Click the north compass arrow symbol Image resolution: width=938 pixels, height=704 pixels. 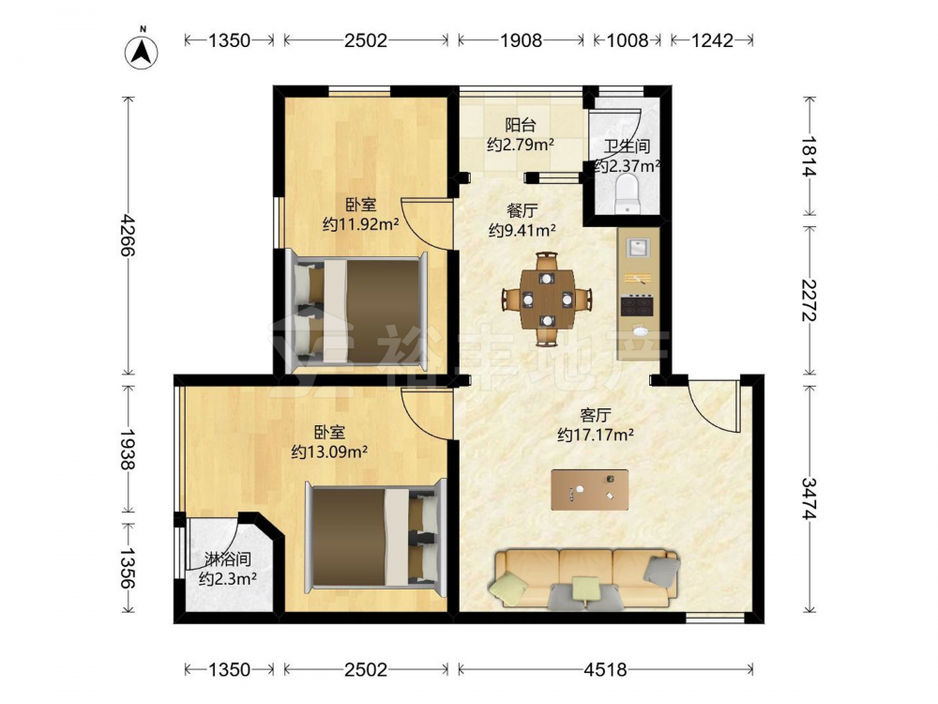[142, 52]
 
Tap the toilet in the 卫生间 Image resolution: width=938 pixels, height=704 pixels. [627, 192]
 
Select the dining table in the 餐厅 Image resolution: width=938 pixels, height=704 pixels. [547, 298]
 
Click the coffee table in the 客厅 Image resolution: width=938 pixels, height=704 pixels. [590, 490]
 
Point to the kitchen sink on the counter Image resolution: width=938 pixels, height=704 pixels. [638, 248]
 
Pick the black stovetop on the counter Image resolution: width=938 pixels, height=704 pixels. [637, 306]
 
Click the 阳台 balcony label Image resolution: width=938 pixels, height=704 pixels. [521, 125]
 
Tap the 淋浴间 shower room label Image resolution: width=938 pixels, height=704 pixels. [228, 560]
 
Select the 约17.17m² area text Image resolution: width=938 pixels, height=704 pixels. [596, 435]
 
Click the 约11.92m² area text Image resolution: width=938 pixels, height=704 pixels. [361, 224]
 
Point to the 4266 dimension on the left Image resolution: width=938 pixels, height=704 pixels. [128, 236]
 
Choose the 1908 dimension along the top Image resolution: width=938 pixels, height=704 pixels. [521, 40]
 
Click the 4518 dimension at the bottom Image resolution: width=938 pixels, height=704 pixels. [605, 669]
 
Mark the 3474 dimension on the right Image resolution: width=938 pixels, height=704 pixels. [809, 498]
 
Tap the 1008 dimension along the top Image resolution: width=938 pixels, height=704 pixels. [628, 40]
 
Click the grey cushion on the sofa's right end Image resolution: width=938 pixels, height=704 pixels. [660, 569]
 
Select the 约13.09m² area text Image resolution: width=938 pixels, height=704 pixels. [329, 451]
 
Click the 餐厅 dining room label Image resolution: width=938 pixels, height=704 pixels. [522, 210]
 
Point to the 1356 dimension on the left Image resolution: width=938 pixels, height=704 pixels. [128, 567]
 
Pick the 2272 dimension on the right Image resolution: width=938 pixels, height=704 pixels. [809, 300]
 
